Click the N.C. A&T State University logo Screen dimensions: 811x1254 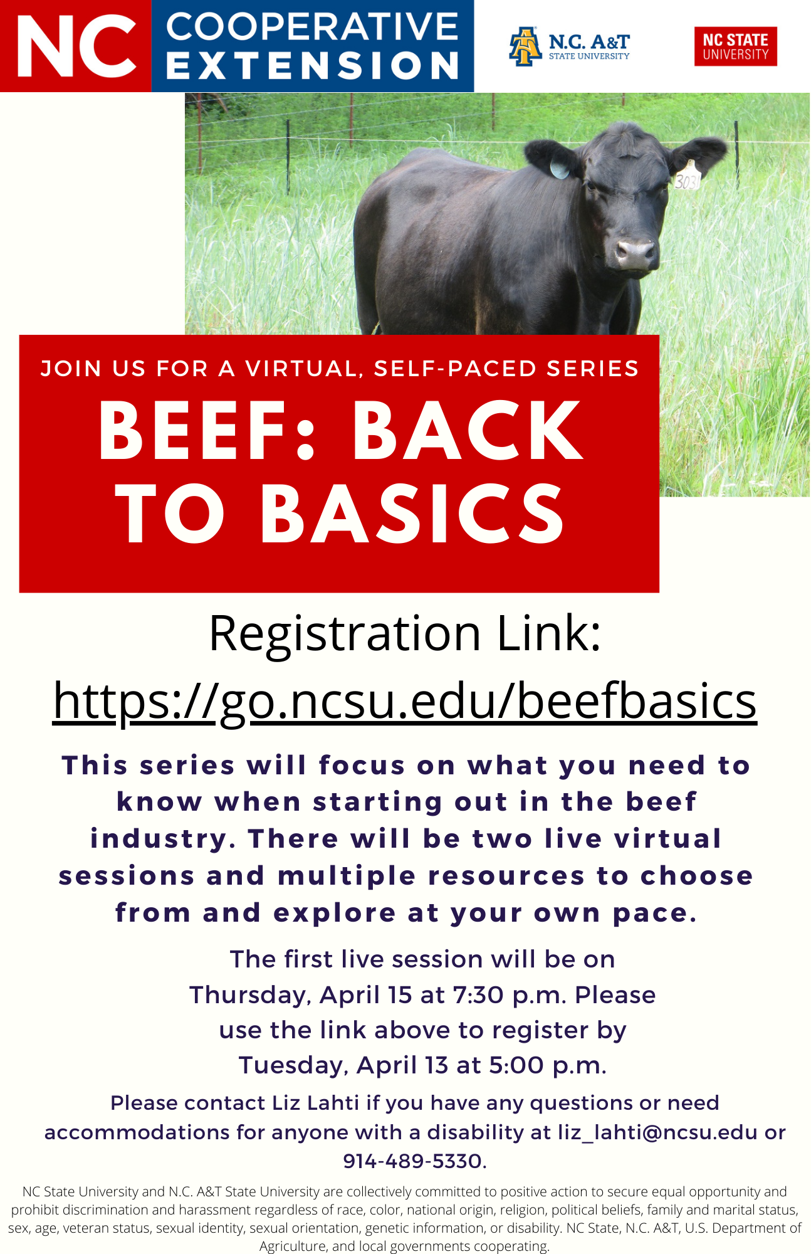pos(569,46)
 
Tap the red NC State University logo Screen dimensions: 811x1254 pos(735,46)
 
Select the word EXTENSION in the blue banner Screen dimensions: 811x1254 pos(313,65)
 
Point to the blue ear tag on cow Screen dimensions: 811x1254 pos(559,169)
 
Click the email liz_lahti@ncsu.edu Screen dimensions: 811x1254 pos(657,1132)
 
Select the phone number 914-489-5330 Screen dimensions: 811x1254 pos(414,1161)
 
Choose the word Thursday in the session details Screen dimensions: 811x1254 pos(251,996)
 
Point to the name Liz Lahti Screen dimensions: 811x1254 pos(315,1103)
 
